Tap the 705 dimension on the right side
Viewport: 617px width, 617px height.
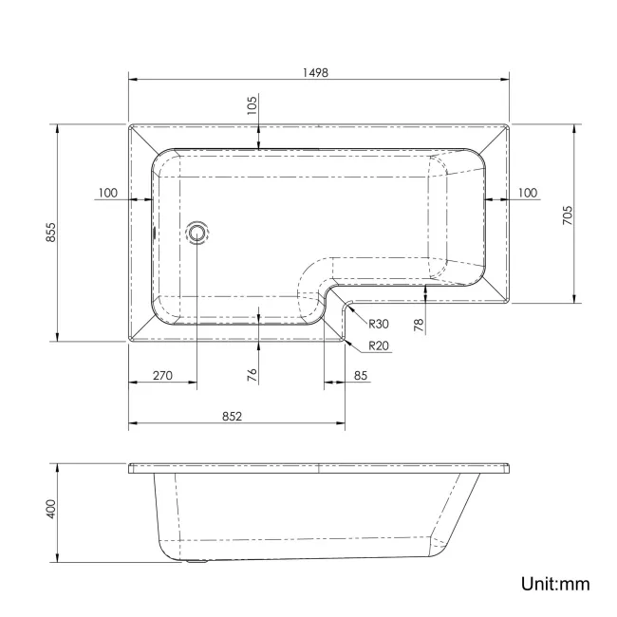coord(567,215)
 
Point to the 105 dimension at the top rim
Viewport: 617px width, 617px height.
coord(252,105)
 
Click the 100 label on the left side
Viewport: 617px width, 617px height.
coord(107,193)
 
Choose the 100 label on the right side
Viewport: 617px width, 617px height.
coord(527,193)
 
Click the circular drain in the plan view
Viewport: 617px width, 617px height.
coord(197,232)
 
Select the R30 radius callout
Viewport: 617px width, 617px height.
coord(379,324)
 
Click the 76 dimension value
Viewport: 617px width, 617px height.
coord(252,374)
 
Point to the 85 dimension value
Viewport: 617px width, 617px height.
coord(362,376)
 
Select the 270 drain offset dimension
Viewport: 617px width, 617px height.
coord(162,376)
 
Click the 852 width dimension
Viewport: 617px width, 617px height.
coord(234,415)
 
